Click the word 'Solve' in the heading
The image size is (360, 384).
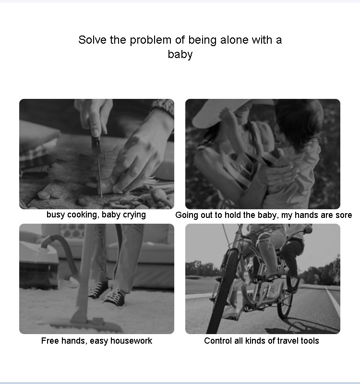coord(92,40)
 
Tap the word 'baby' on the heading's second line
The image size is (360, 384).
coord(180,54)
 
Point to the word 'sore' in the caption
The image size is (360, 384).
coord(344,215)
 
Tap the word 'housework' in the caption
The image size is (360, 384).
coord(131,341)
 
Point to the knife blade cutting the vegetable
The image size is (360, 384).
coord(100,177)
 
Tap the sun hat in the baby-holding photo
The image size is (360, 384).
coord(220,113)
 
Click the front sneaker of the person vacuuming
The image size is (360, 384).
coord(114,297)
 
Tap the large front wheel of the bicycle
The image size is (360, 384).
coord(223,291)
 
